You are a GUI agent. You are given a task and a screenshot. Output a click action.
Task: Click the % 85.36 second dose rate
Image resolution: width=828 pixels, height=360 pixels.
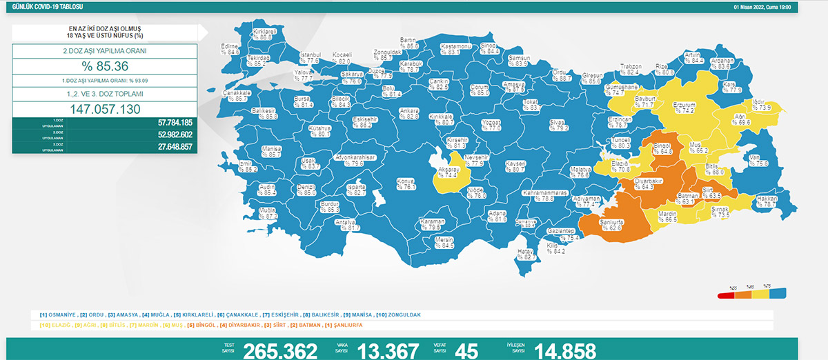point(104,67)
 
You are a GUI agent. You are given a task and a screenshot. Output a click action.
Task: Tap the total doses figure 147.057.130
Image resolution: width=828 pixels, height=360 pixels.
point(104,110)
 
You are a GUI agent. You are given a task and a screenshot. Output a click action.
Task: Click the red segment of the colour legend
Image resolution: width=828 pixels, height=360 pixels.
point(725,295)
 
